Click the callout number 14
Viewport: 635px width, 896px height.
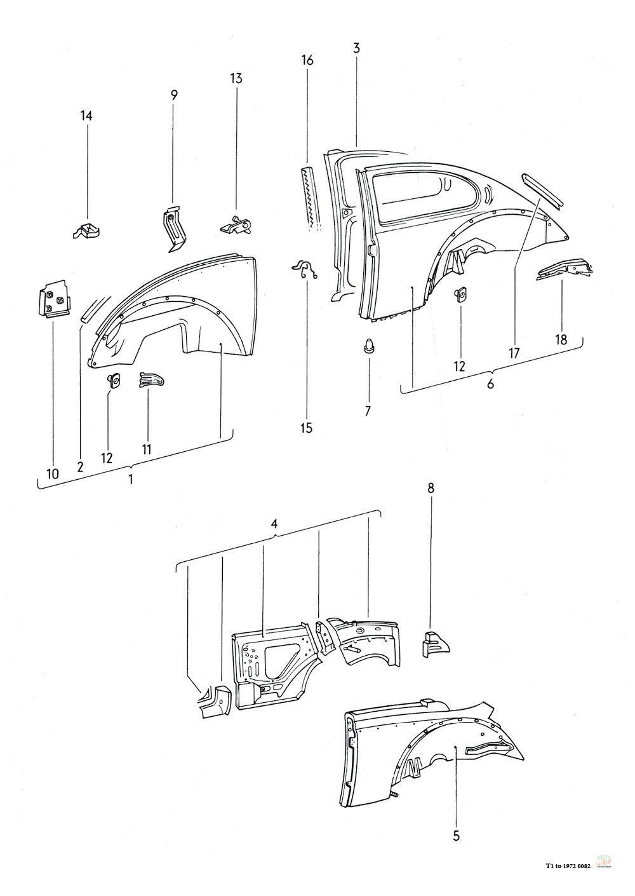86,116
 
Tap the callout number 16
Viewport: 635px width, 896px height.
307,60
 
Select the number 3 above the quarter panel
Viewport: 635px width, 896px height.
356,48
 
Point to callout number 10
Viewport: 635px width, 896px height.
52,473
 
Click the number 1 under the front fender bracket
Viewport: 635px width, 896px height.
131,479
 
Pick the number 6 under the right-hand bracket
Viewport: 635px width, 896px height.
490,383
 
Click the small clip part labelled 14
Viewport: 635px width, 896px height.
86,230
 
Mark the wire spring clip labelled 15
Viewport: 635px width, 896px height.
307,269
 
